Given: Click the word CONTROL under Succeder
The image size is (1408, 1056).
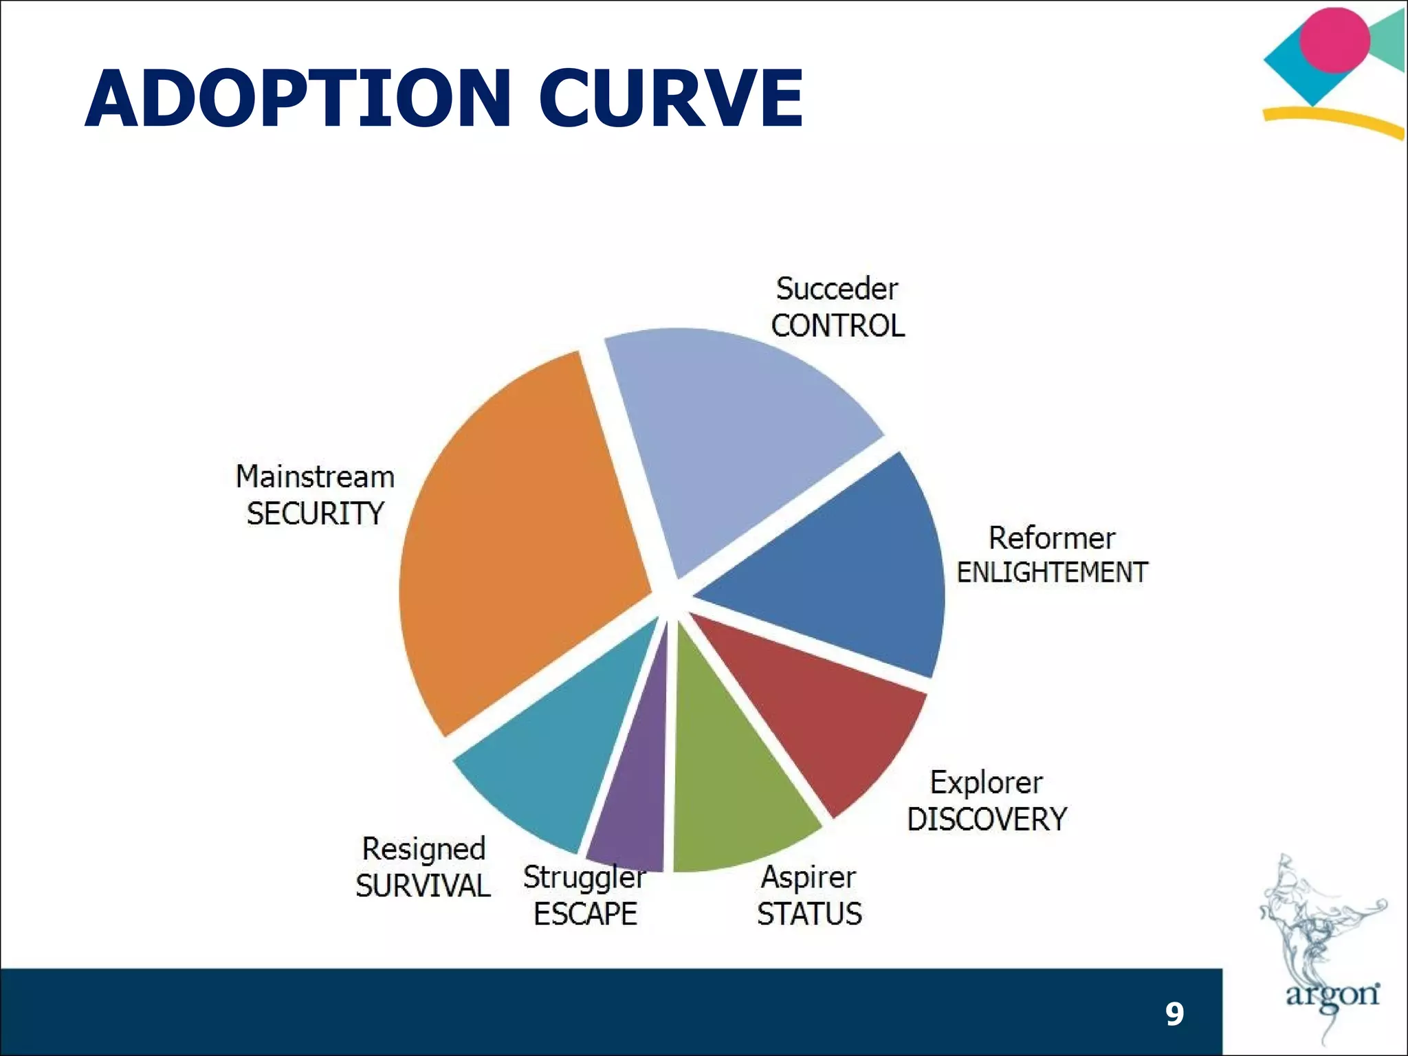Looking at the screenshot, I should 837,326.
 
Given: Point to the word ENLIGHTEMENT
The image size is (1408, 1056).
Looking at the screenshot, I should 1052,573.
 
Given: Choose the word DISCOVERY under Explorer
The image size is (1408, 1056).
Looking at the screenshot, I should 987,819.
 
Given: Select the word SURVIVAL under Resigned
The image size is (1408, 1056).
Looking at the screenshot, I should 423,885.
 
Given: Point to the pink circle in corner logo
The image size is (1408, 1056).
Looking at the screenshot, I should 1334,40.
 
